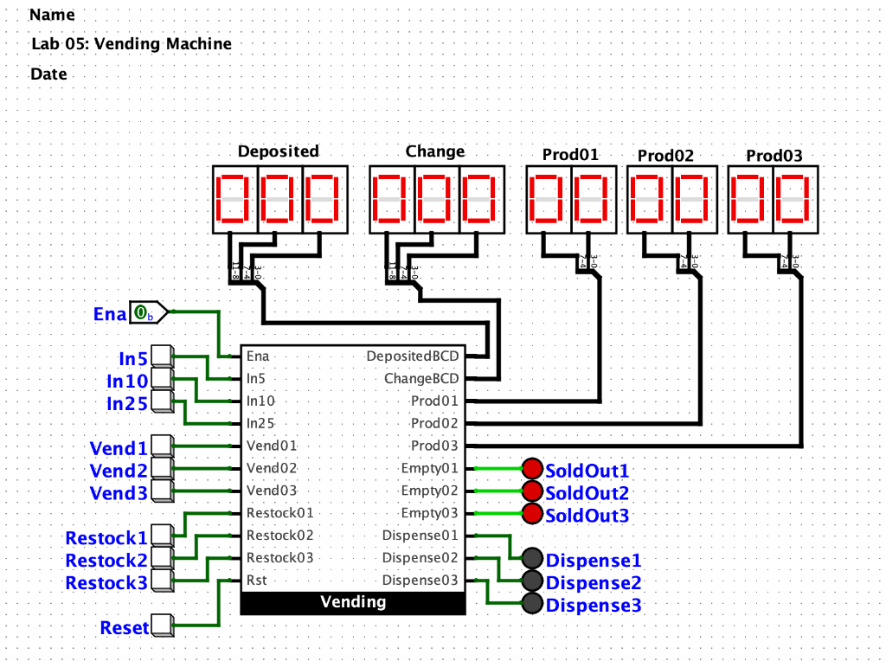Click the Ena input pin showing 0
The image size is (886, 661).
(145, 313)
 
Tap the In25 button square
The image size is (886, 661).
(162, 401)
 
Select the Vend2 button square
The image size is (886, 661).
(162, 470)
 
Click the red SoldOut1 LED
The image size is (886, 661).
(532, 470)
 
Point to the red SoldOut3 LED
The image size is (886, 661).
(532, 515)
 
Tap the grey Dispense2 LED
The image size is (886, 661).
(532, 581)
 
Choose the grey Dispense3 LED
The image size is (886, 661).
(532, 604)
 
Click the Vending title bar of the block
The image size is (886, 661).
(353, 602)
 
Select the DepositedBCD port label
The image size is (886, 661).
(413, 356)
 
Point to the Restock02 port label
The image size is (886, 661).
(279, 536)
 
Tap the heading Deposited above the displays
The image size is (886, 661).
(279, 151)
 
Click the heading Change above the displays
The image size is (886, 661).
(435, 151)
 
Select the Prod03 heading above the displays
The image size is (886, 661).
(774, 156)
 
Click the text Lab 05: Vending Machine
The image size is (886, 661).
(132, 44)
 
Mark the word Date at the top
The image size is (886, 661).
(48, 74)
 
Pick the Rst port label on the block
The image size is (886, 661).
(256, 581)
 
